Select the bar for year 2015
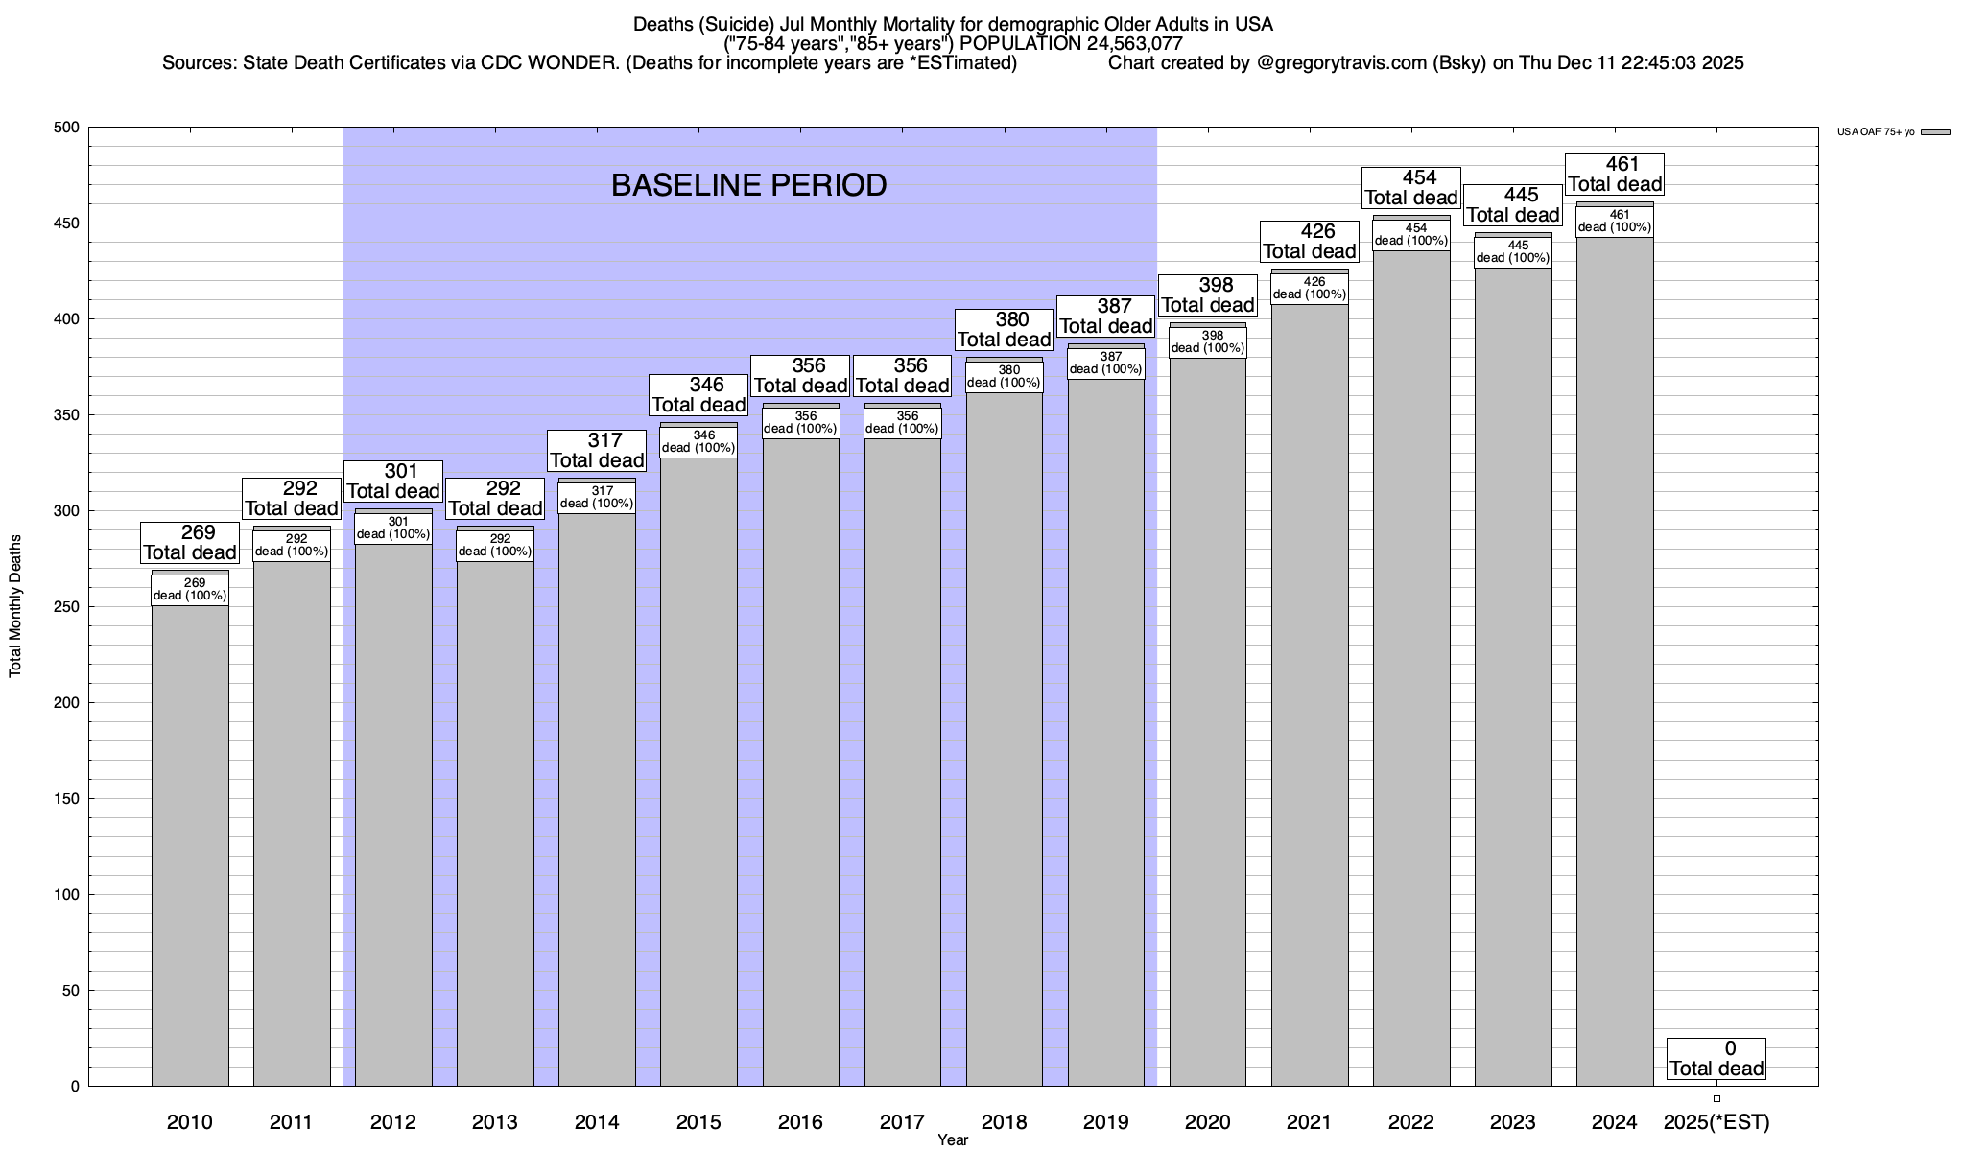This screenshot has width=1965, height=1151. tap(698, 767)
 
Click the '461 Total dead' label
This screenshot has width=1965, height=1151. tap(1614, 175)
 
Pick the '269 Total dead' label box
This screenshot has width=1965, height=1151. tap(190, 543)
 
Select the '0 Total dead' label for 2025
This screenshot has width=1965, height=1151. tap(1716, 1059)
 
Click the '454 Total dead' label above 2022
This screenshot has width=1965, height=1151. tap(1410, 188)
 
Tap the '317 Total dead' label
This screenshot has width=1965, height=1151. tap(597, 451)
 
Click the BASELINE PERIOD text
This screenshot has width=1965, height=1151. tap(748, 185)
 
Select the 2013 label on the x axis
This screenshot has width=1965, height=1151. tap(495, 1122)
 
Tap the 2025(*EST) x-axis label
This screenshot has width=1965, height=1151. tap(1716, 1122)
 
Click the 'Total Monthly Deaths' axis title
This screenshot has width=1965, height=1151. tap(15, 606)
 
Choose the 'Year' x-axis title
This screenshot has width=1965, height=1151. tap(953, 1140)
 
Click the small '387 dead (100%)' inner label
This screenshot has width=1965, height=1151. tap(1105, 364)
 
